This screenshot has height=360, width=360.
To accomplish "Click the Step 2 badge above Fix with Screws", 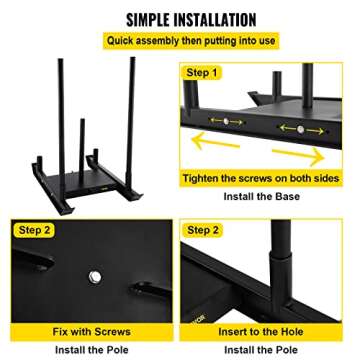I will pos(38,230).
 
